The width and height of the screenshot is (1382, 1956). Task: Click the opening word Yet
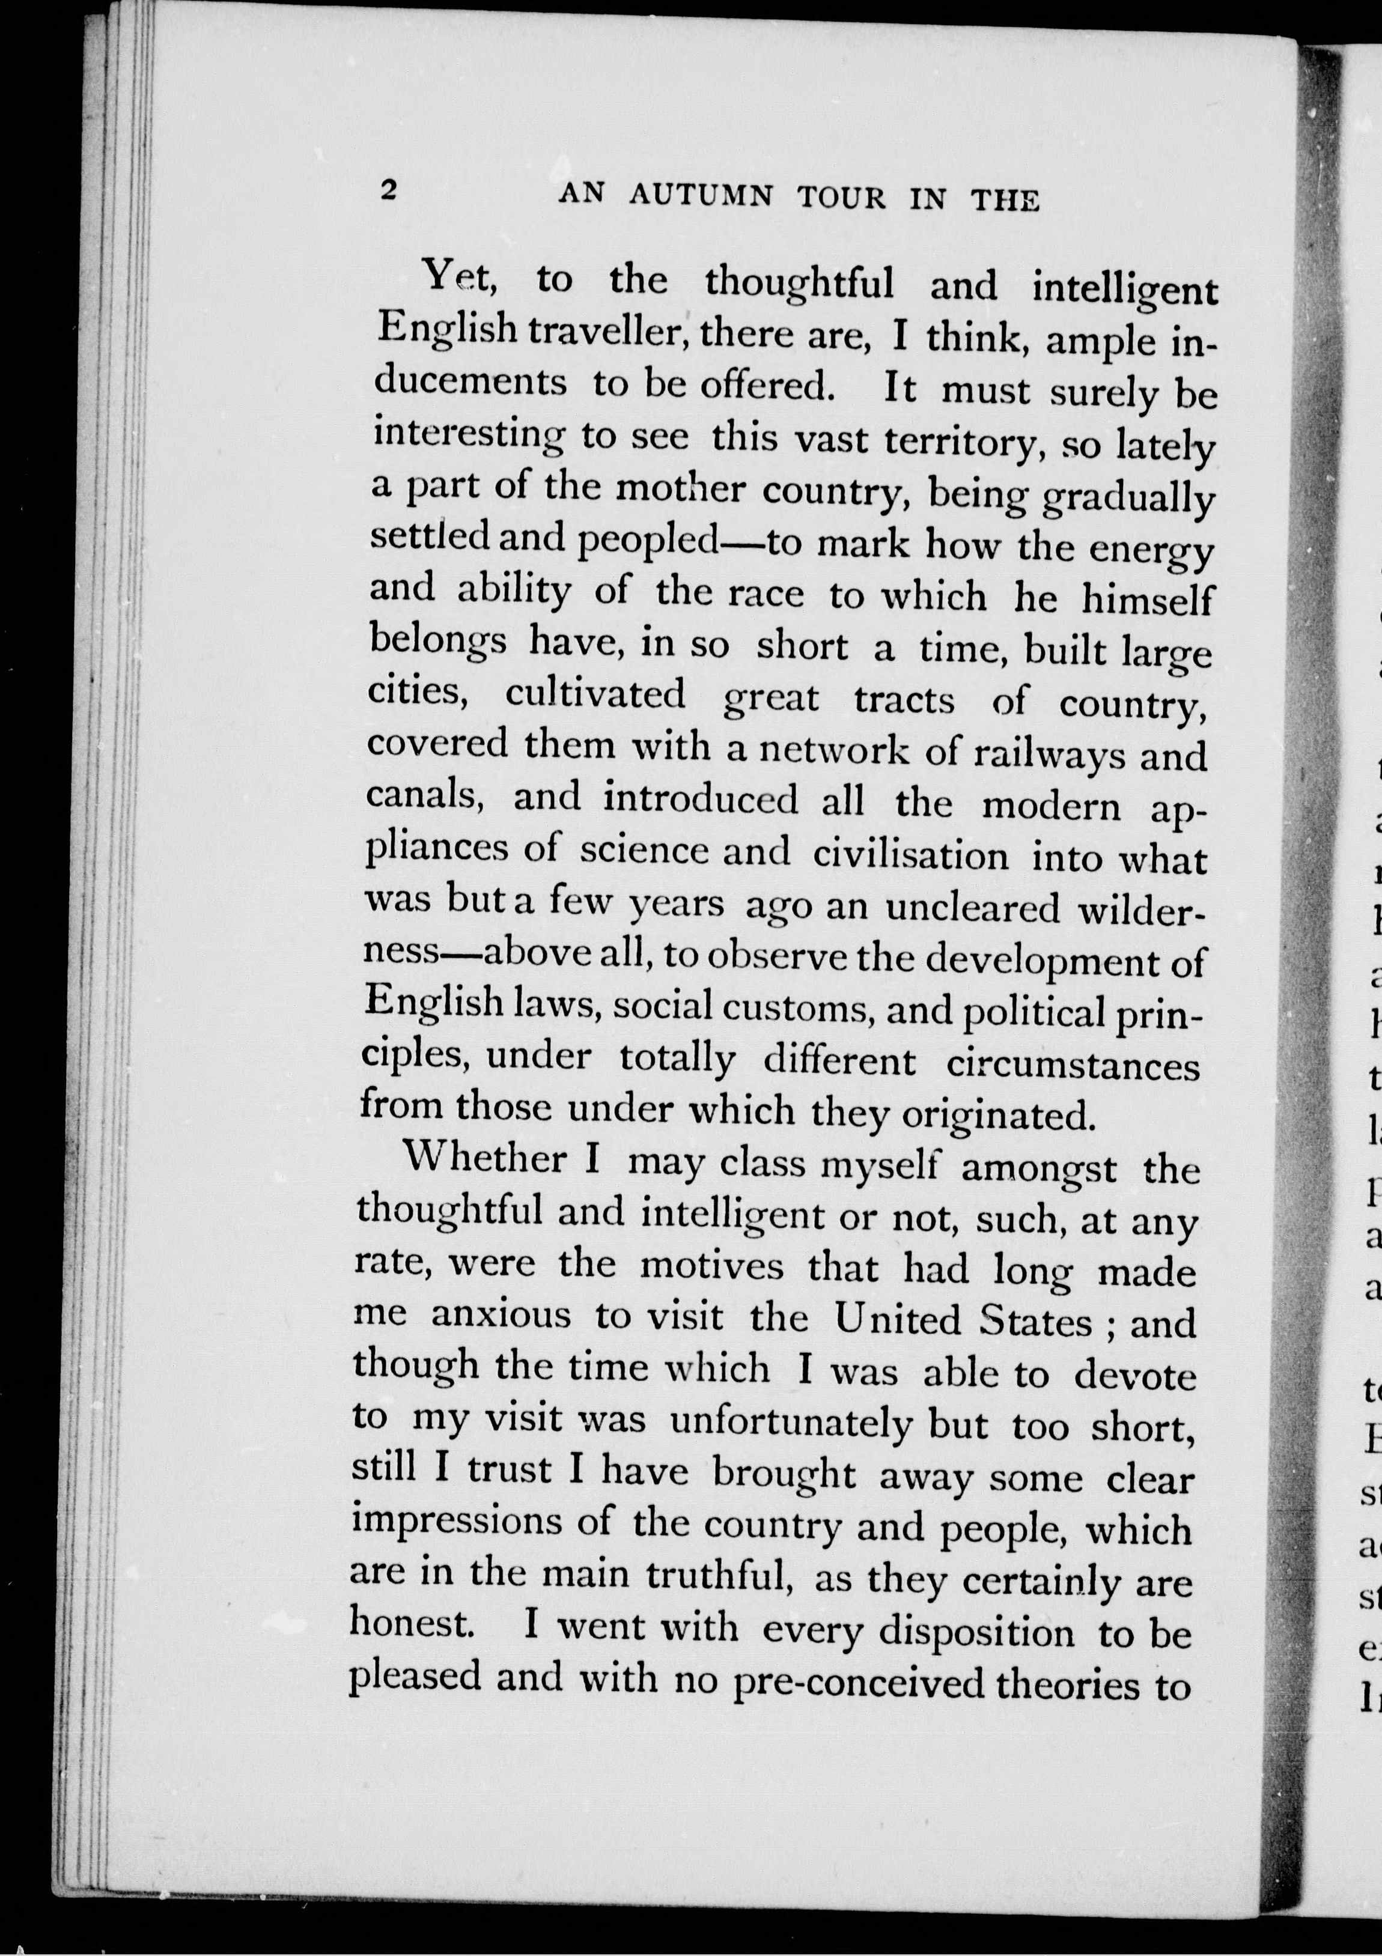click(460, 275)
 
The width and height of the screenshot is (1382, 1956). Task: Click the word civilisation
click(910, 854)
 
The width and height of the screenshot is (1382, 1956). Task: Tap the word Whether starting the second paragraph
click(483, 1159)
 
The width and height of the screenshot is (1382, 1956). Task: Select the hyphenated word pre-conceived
click(858, 1683)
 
